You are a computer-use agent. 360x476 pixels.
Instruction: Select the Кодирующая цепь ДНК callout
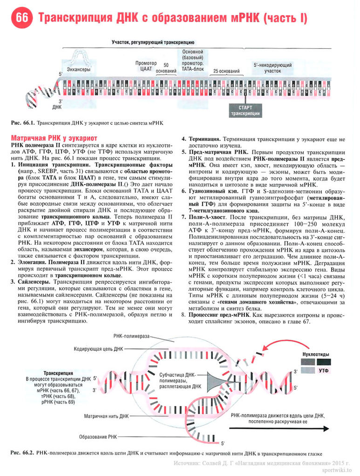99,349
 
